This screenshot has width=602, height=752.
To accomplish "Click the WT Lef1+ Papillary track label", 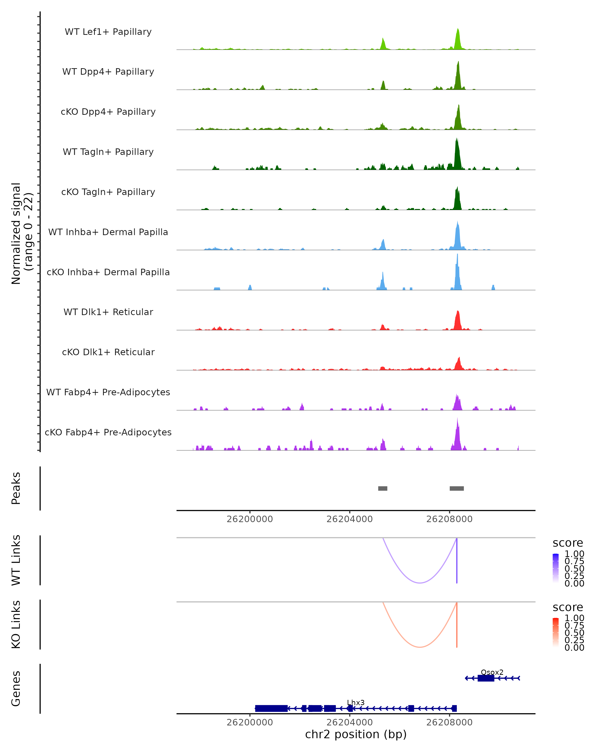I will (x=108, y=32).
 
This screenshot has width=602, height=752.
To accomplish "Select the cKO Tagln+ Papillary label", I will (x=108, y=192).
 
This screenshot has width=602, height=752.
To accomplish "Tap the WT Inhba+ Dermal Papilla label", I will (x=108, y=232).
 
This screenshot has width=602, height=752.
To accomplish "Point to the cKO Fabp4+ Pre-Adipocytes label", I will (x=108, y=432).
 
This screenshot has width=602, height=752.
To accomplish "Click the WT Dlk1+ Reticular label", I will (x=108, y=312).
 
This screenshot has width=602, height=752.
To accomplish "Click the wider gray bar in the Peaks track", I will (x=457, y=488).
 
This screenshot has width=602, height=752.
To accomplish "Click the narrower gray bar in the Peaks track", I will (x=383, y=488).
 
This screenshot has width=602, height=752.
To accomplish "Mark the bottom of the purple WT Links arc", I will (x=420, y=583).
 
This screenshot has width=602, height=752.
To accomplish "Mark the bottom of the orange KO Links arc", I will (x=420, y=647).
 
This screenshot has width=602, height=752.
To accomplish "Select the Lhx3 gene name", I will (x=356, y=702).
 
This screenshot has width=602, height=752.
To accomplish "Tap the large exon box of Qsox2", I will (x=486, y=678).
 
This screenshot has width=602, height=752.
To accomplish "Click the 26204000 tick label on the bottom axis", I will (x=349, y=722).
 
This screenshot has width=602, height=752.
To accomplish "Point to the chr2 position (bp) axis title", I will (x=356, y=734).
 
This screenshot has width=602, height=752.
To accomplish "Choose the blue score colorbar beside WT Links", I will (x=556, y=568).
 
